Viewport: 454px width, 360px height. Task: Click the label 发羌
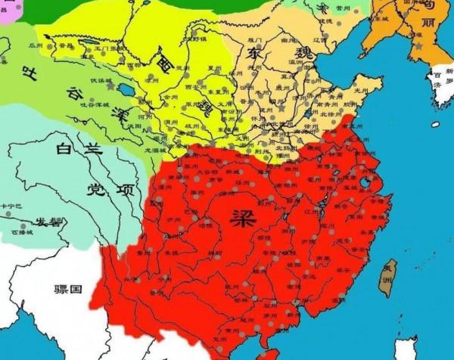50,222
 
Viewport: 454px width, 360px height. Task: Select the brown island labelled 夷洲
389,276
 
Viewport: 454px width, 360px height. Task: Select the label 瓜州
36,46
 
